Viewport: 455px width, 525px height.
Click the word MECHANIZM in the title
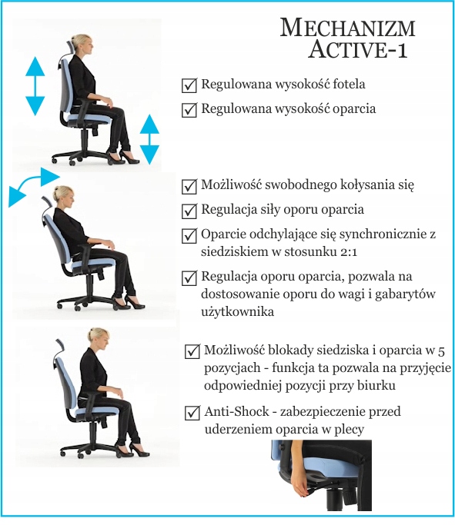point(348,29)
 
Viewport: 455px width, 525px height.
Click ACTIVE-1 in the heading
point(358,52)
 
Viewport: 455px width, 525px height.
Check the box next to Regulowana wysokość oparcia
point(189,109)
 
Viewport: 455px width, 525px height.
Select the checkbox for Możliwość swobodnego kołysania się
point(189,186)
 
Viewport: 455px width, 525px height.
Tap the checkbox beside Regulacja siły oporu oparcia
point(189,210)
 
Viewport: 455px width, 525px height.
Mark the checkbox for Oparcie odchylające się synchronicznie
point(189,235)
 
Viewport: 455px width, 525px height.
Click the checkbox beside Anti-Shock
point(192,413)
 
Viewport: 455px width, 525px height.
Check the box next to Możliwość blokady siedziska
point(192,351)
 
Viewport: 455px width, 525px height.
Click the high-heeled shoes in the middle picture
point(127,301)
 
